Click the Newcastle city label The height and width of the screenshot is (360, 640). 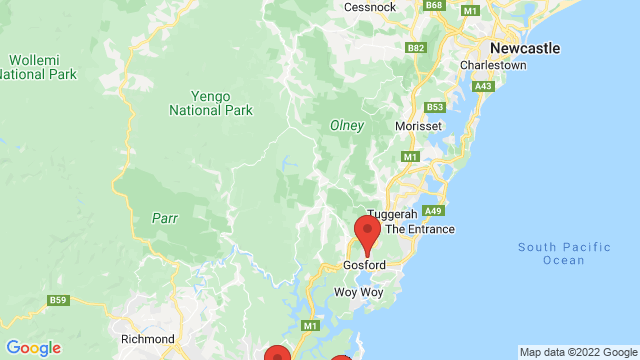[x=524, y=47]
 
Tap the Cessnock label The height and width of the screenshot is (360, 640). [x=370, y=6]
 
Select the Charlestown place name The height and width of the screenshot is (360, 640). [x=493, y=65]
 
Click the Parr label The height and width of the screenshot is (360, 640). [x=164, y=216]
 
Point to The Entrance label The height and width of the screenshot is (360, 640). [x=420, y=229]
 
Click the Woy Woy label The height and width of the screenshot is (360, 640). [x=351, y=292]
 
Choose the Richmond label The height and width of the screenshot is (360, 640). [x=147, y=339]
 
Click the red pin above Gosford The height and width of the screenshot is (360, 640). [x=368, y=233]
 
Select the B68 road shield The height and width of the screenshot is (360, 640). [x=434, y=5]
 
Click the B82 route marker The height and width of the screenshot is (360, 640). [x=417, y=47]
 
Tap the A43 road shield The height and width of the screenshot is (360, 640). [x=484, y=87]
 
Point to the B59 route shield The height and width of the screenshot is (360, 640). [x=58, y=300]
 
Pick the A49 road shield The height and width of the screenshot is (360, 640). [x=433, y=211]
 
